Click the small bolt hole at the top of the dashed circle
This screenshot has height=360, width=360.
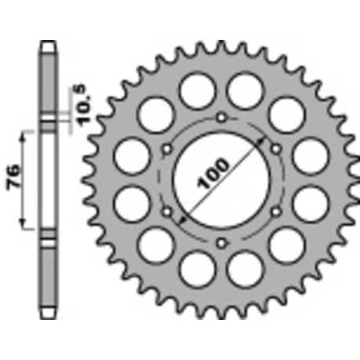(221, 117)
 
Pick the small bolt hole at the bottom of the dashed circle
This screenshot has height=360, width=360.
(221, 243)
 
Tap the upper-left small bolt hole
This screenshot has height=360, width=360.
(167, 149)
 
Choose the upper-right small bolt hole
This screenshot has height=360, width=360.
(275, 149)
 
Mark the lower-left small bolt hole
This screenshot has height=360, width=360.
(167, 211)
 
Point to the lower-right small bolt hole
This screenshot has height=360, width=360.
(275, 211)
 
